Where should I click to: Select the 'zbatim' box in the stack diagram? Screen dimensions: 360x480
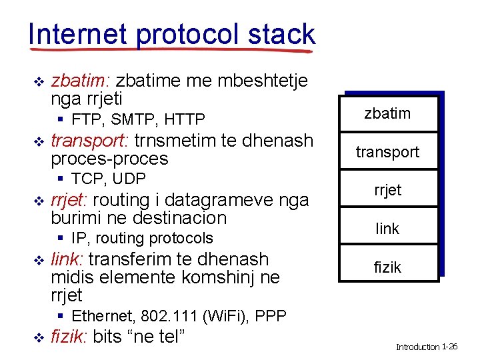[x=387, y=113]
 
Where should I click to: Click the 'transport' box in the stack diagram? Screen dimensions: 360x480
[x=387, y=152]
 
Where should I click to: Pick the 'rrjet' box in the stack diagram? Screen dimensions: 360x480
[x=387, y=190]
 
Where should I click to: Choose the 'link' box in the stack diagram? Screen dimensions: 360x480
[x=387, y=229]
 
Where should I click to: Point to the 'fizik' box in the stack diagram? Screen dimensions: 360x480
[x=387, y=267]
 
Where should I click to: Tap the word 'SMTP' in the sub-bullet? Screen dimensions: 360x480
[x=132, y=120]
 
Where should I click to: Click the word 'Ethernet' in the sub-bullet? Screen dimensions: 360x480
[x=102, y=316]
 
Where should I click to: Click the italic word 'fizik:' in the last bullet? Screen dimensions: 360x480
[x=69, y=337]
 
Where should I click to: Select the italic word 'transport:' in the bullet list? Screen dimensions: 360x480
[x=90, y=141]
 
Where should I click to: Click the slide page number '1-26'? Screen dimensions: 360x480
[x=450, y=347]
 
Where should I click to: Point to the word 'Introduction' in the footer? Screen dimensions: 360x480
[x=418, y=347]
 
